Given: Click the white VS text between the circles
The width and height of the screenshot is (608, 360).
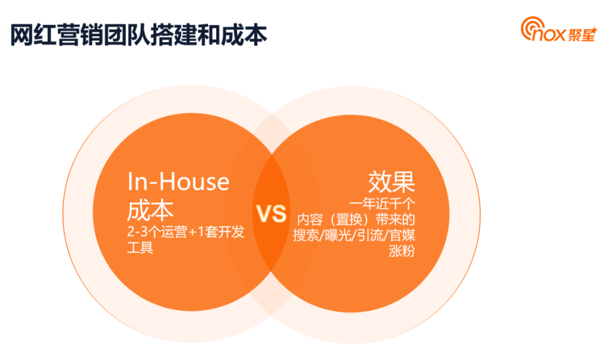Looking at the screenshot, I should tap(272, 214).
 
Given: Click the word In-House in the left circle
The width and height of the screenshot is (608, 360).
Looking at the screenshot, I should tap(178, 182).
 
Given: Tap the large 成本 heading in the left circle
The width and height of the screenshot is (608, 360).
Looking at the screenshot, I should tap(150, 209).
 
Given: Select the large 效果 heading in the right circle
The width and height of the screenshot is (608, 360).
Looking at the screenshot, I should tap(392, 182).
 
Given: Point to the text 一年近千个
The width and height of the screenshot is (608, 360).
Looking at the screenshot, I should tap(383, 202).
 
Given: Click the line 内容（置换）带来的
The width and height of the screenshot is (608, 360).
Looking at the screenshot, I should tap(356, 218).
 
